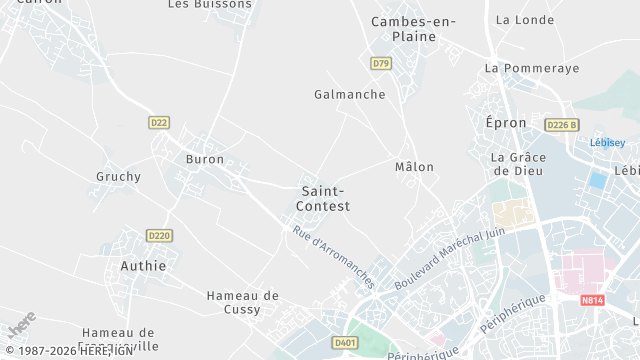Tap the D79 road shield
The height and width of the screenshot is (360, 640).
[380, 64]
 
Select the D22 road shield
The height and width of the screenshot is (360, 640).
[159, 122]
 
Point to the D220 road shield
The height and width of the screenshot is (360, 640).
[159, 236]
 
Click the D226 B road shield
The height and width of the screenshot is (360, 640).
[562, 125]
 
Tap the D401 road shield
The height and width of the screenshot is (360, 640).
[345, 343]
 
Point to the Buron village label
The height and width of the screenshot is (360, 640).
[205, 159]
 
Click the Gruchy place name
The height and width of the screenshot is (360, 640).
[118, 177]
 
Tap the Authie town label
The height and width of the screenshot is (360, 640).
[143, 266]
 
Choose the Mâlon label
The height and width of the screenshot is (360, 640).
[414, 167]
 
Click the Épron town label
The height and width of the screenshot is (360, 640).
[505, 122]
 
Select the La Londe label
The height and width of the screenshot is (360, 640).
[524, 20]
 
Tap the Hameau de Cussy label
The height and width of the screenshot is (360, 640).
[243, 302]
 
